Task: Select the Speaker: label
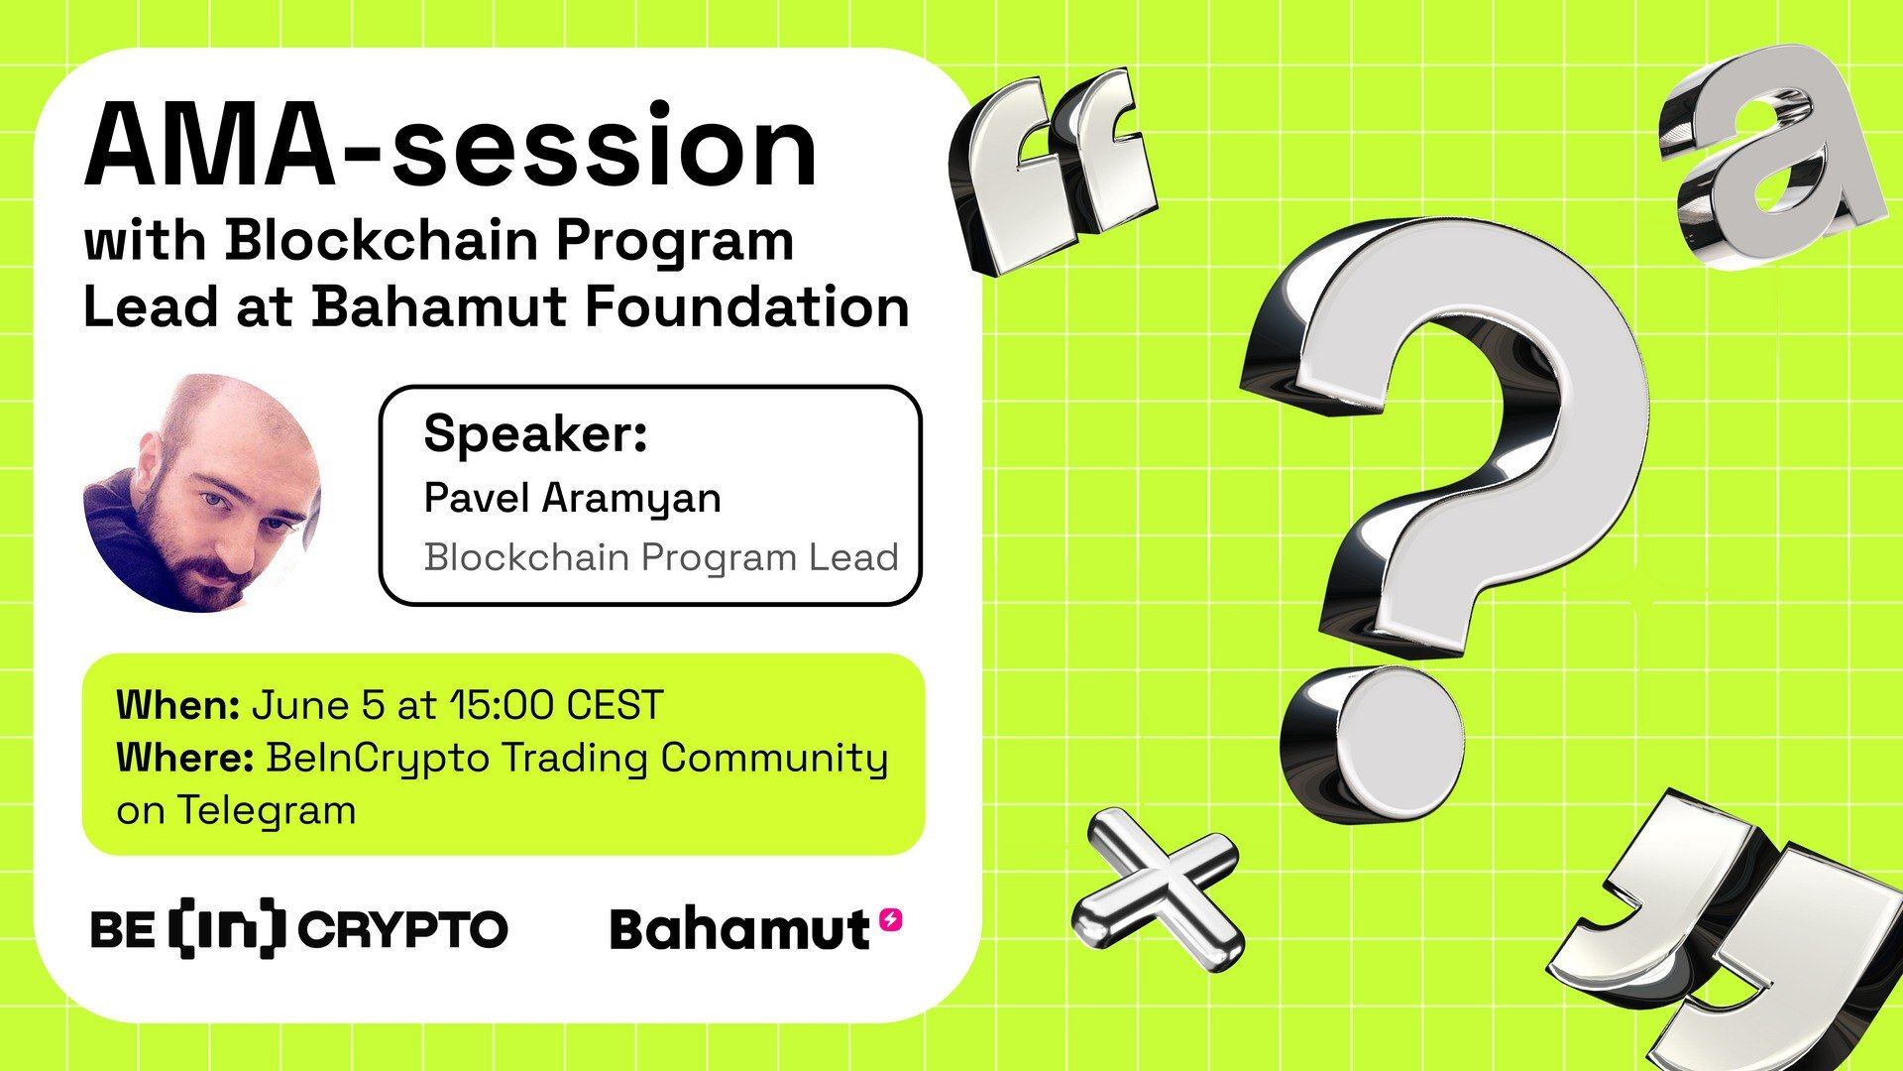pyautogui.click(x=535, y=434)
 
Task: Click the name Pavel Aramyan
pyautogui.click(x=572, y=497)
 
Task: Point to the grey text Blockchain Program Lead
pyautogui.click(x=661, y=557)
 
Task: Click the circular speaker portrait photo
pyautogui.click(x=202, y=493)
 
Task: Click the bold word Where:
pyautogui.click(x=185, y=759)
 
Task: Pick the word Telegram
pyautogui.click(x=267, y=811)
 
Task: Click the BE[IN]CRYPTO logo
pyautogui.click(x=298, y=929)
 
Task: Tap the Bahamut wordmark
pyautogui.click(x=738, y=930)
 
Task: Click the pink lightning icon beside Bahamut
pyautogui.click(x=891, y=920)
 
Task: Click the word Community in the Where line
pyautogui.click(x=774, y=759)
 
